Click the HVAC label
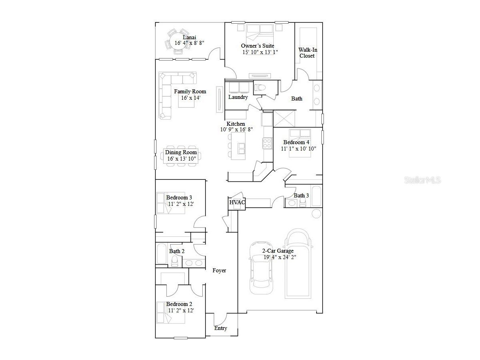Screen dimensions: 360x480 [237, 203]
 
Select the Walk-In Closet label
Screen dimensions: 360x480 [307, 53]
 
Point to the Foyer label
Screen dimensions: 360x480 [219, 271]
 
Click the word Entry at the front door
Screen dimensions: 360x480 [220, 328]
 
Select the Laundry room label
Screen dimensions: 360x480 [238, 97]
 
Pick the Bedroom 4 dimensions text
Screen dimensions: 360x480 [298, 149]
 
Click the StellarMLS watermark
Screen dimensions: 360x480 [422, 180]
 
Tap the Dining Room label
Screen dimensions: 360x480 [181, 152]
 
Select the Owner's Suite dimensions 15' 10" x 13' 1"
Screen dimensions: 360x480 [260, 52]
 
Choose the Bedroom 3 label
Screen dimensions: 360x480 [179, 197]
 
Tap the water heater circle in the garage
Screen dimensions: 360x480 [317, 213]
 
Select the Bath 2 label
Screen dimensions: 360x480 [177, 251]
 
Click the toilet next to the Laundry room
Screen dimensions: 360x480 [262, 87]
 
